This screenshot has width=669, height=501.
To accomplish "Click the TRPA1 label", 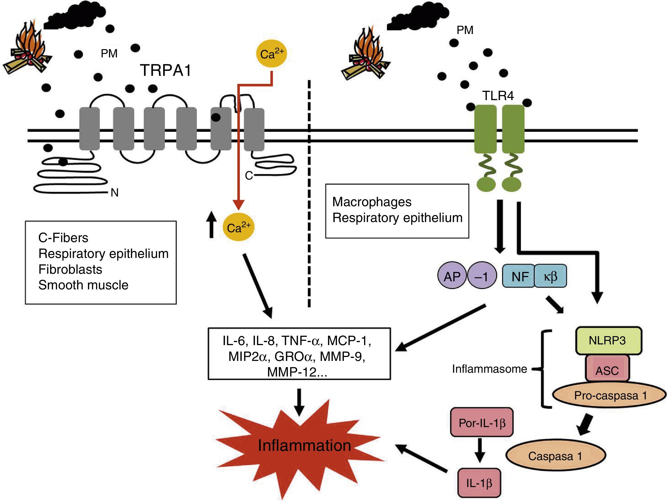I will point(166,70).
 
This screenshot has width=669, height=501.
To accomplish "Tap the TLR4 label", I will point(498,96).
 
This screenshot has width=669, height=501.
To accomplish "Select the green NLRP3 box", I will point(608,341).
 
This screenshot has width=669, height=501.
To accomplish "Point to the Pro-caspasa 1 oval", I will point(610,395).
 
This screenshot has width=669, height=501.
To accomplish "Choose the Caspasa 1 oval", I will point(555,456).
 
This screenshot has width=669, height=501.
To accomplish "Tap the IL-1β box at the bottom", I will point(479,483).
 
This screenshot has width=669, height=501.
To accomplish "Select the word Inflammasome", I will point(489,369).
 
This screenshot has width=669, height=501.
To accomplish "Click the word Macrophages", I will point(372,202).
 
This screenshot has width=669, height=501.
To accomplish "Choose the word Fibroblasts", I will point(70,269).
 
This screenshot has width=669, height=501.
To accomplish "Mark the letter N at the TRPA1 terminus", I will point(114,193).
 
